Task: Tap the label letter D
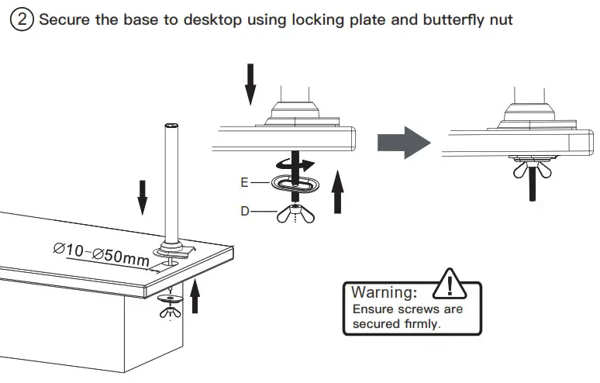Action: pyautogui.click(x=245, y=210)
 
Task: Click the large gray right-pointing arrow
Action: pyautogui.click(x=402, y=143)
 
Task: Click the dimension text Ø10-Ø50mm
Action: pyautogui.click(x=101, y=253)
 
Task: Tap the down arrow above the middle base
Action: pyautogui.click(x=250, y=84)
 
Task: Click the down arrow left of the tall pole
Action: pyautogui.click(x=143, y=197)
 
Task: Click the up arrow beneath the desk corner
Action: pyautogui.click(x=195, y=298)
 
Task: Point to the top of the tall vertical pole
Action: pyautogui.click(x=169, y=126)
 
